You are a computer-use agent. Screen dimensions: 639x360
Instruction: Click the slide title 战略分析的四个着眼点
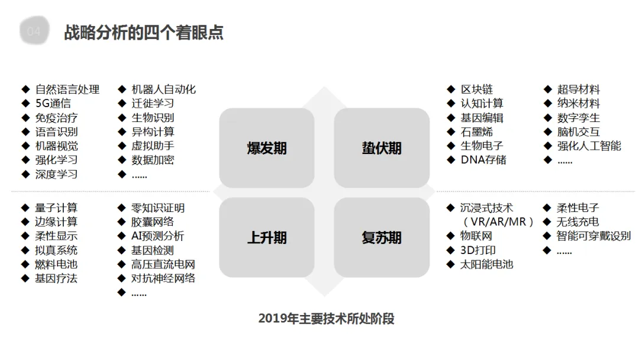[x=144, y=32]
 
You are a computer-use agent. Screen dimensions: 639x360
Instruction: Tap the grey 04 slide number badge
[x=34, y=32]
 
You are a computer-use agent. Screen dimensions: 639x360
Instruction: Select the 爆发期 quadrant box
[x=266, y=148]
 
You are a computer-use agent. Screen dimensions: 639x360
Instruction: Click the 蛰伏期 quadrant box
[x=382, y=148]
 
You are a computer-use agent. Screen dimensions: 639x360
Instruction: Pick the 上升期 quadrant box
[x=266, y=237]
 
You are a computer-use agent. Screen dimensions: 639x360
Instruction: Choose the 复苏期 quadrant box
[x=382, y=237]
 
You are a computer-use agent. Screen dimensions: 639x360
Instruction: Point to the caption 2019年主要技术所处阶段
[x=326, y=319]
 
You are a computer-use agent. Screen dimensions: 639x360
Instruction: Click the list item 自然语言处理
[x=67, y=89]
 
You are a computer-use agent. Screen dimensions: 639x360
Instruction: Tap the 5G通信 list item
[x=53, y=104]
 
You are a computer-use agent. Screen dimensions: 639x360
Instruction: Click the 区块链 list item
[x=477, y=89]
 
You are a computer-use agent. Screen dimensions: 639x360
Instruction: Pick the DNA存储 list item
[x=483, y=160]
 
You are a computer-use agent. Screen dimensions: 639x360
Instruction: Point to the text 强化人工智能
[x=589, y=146]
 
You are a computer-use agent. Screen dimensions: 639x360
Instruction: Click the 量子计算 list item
[x=56, y=208]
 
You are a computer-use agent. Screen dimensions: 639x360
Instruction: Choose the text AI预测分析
[x=158, y=236]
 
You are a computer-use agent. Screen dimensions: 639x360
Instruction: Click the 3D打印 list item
[x=478, y=250]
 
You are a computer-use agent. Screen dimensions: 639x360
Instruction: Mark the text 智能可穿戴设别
[x=594, y=236]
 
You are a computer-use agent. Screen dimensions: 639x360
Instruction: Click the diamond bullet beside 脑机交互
[x=547, y=131]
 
